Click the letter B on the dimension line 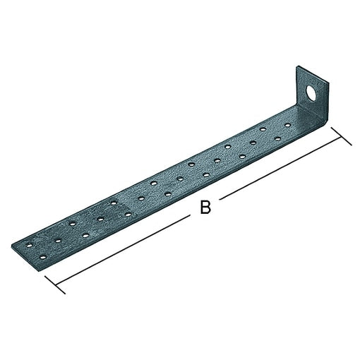[x=205, y=208]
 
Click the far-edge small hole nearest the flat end [x=29, y=244]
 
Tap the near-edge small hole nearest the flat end [x=42, y=258]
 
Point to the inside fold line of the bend [x=301, y=106]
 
